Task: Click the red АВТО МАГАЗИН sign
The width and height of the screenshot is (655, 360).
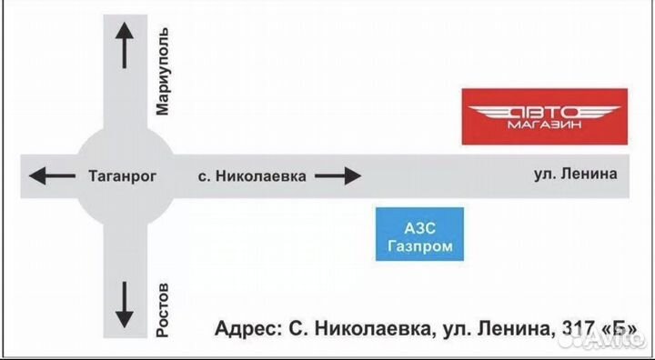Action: [543, 116]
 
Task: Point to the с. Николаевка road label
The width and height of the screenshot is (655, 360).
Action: [252, 176]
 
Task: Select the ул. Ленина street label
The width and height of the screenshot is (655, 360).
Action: [577, 174]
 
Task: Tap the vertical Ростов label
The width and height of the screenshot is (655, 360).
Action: [163, 308]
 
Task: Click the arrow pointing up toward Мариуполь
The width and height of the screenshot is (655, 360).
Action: [125, 45]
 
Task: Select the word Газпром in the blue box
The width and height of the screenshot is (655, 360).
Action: [419, 244]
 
